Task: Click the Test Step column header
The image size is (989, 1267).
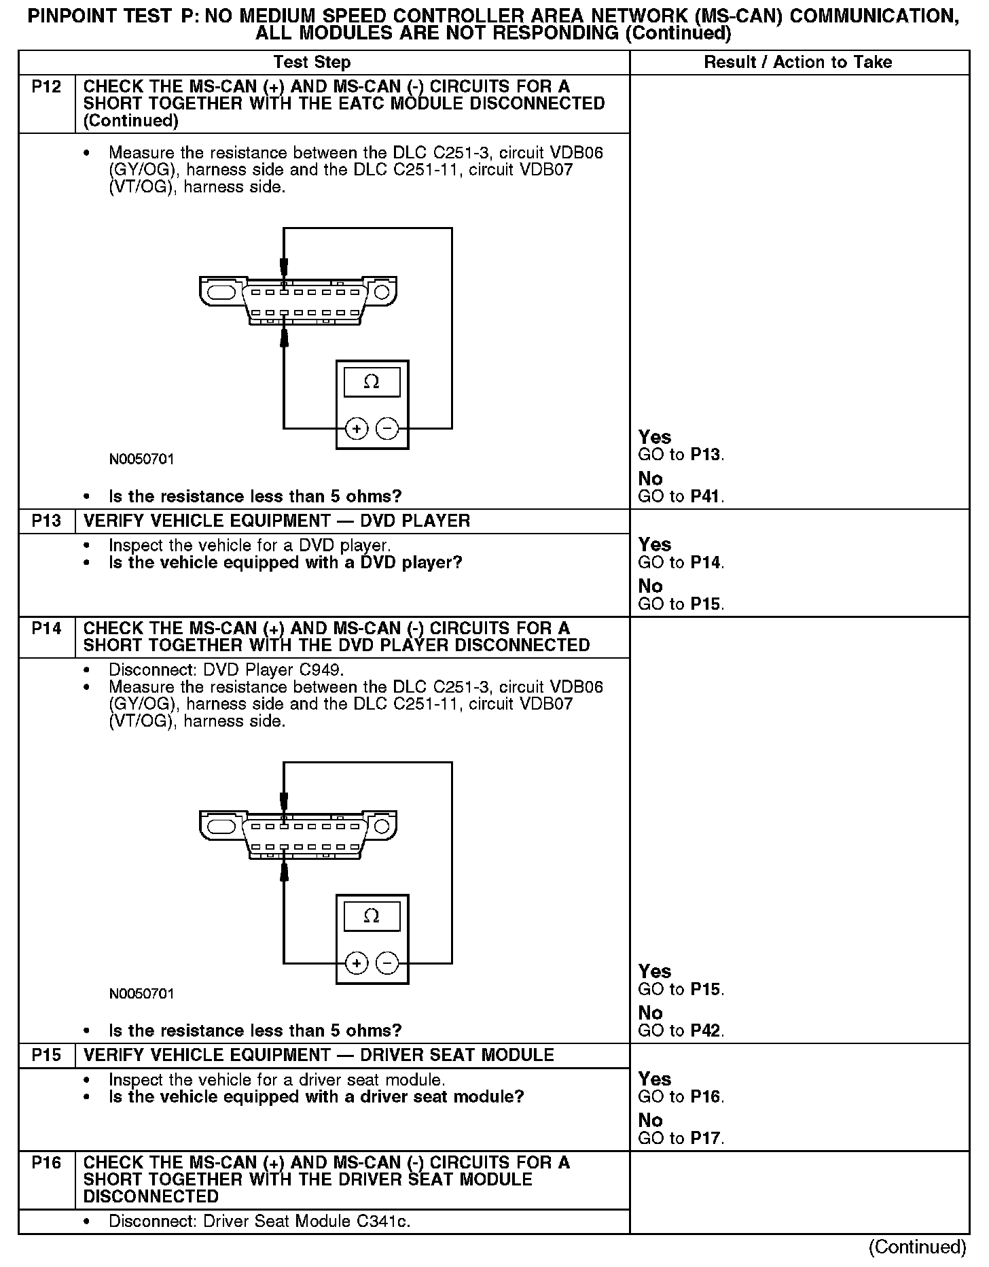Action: (312, 63)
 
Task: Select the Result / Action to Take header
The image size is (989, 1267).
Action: (797, 63)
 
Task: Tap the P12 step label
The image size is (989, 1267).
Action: (46, 87)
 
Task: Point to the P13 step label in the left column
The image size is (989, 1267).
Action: (46, 521)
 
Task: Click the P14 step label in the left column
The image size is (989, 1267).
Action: (46, 629)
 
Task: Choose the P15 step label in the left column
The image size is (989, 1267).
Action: (46, 1055)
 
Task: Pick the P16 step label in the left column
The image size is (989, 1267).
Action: (46, 1162)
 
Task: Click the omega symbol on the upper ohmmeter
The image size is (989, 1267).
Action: (372, 382)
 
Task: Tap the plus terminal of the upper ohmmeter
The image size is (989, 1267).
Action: (357, 429)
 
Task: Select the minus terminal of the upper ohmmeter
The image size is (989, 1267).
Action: (387, 429)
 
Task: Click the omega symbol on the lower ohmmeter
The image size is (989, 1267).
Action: (372, 916)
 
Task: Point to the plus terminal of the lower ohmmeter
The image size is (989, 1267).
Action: (357, 963)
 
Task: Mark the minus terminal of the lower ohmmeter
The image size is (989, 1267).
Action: (387, 963)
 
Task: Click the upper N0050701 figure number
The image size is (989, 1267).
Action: (141, 459)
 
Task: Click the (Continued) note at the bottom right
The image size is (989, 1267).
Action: (917, 1247)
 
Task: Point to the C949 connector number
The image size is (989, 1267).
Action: (321, 670)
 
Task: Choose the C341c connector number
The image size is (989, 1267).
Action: (384, 1221)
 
